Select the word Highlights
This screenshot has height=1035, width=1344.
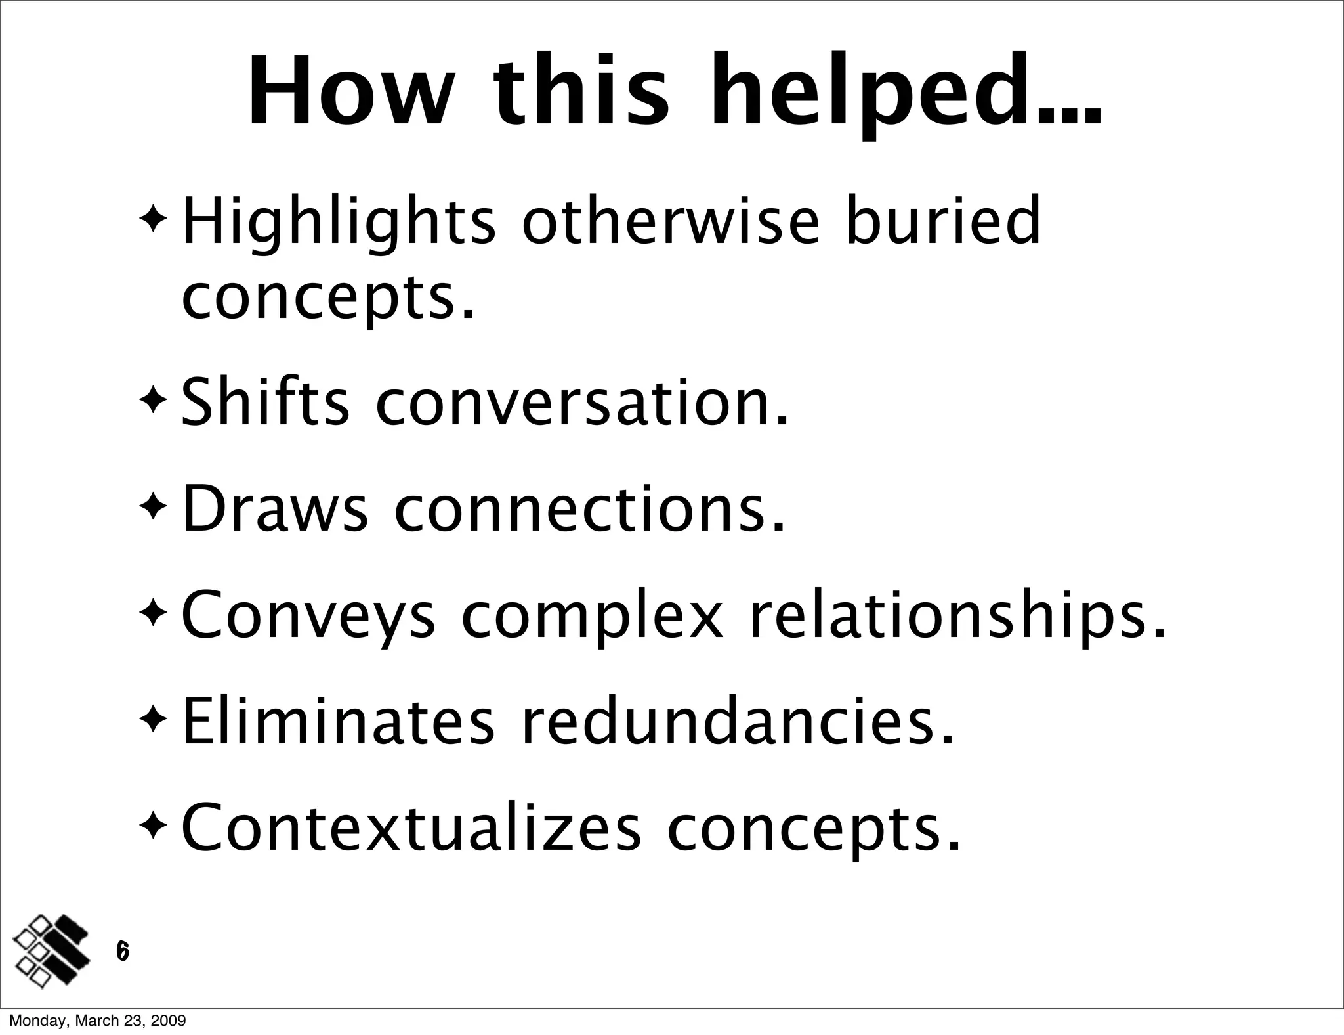tap(339, 223)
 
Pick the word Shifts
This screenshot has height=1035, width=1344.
tap(265, 401)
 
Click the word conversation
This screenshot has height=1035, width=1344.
tap(583, 403)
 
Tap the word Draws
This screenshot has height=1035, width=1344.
tap(274, 508)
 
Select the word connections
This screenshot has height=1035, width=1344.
tap(589, 510)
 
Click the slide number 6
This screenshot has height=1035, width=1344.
tap(122, 950)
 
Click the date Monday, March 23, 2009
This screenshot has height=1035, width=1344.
tap(97, 1021)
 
